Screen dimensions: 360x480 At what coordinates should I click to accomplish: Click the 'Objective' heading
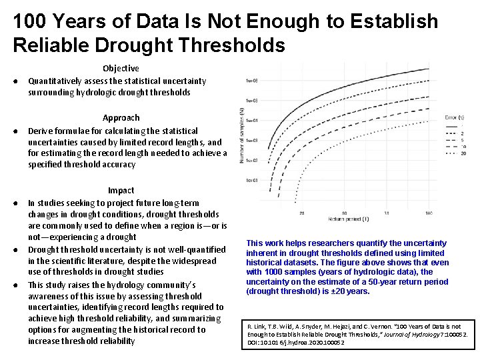[121, 68]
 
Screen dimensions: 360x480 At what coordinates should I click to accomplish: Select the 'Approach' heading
[121, 118]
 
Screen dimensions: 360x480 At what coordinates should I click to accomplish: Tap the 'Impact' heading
[121, 190]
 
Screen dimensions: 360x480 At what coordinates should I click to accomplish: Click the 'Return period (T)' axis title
[349, 219]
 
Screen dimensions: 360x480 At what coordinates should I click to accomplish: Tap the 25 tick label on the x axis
[302, 213]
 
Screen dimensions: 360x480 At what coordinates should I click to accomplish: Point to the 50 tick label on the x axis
[363, 213]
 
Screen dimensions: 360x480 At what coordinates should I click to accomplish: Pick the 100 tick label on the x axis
[428, 213]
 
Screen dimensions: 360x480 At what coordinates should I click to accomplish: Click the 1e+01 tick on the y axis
[252, 180]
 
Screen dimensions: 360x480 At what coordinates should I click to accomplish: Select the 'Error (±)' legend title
[455, 117]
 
